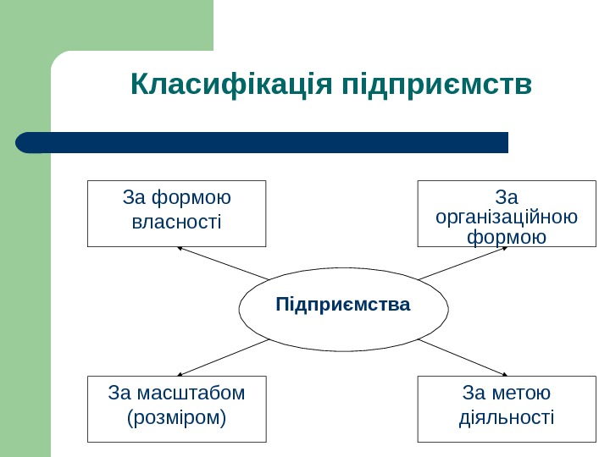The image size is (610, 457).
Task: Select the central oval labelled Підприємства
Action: click(x=343, y=310)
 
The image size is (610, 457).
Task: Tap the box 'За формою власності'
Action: click(x=176, y=212)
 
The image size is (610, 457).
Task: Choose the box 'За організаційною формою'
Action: click(x=507, y=212)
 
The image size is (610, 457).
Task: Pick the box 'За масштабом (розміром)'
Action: click(x=176, y=408)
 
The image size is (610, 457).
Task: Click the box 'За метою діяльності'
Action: click(x=507, y=408)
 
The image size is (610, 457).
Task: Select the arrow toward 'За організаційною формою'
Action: click(x=462, y=262)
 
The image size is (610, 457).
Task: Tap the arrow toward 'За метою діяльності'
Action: click(x=462, y=356)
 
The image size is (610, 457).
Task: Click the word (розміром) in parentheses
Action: click(x=176, y=418)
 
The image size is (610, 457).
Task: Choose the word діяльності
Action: click(x=507, y=418)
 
